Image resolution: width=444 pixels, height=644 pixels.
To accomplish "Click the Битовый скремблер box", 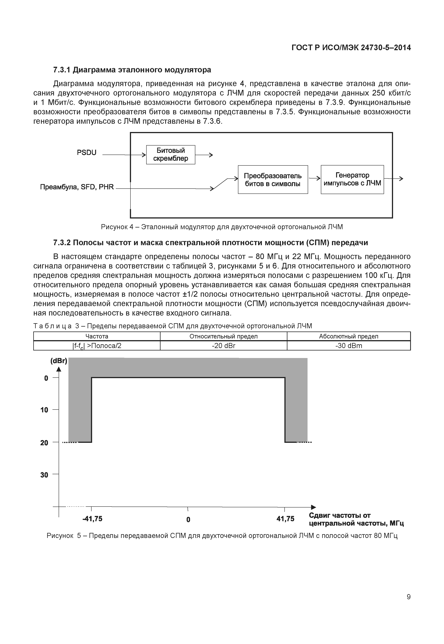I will (170, 154).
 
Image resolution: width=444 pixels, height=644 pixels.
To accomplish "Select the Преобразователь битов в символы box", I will (273, 180).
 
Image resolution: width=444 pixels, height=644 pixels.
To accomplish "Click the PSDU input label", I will (86, 152).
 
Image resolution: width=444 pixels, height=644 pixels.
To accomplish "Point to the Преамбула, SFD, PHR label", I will (77, 187).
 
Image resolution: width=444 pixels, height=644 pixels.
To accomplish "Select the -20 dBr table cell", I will (223, 346).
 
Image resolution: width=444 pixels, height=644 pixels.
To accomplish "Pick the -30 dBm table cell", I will (349, 346).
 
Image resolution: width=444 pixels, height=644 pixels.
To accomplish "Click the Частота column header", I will (97, 336).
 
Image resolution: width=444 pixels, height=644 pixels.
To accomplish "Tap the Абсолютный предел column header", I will (349, 336).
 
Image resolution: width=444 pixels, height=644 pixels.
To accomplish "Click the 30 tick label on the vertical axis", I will (44, 475).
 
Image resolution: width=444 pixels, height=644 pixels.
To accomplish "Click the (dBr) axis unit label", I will (58, 361).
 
